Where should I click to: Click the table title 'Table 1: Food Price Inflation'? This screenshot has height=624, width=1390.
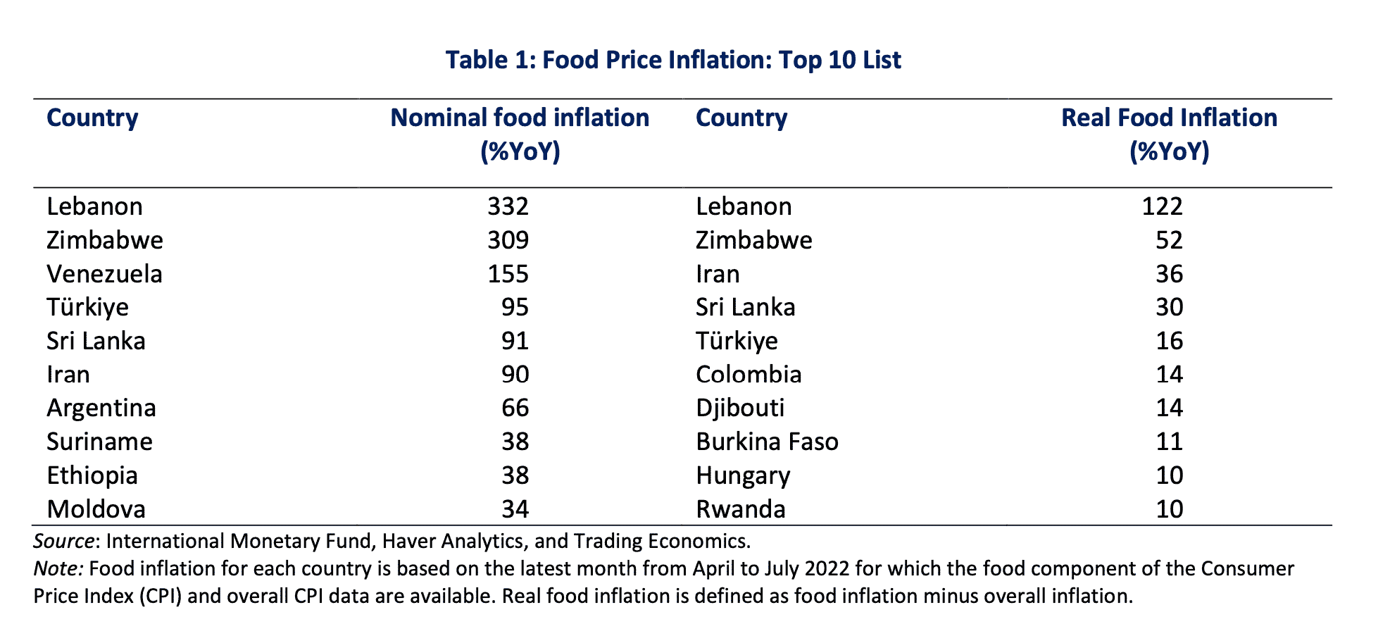(672, 60)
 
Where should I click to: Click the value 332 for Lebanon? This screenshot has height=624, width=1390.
(508, 206)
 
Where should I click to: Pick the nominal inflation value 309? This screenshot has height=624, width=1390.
(508, 240)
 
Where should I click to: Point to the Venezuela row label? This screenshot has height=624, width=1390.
(104, 274)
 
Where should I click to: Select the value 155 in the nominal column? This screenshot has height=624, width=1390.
(508, 274)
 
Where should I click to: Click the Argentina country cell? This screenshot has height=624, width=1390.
(101, 408)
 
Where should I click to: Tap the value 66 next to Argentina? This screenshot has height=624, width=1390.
(515, 408)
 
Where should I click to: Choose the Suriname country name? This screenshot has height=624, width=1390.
(99, 442)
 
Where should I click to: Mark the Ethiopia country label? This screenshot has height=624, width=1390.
(92, 475)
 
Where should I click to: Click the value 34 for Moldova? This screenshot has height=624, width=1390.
(515, 508)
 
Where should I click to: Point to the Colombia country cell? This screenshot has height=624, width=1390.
(749, 375)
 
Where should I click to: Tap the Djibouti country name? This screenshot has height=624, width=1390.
(740, 408)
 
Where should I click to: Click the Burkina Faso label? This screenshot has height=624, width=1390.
(767, 442)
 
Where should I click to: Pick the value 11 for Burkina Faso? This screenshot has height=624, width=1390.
(1169, 442)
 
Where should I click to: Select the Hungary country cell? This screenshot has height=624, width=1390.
(743, 476)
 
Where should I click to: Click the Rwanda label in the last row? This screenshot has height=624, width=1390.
(740, 508)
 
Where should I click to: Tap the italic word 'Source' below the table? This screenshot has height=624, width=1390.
(64, 541)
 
